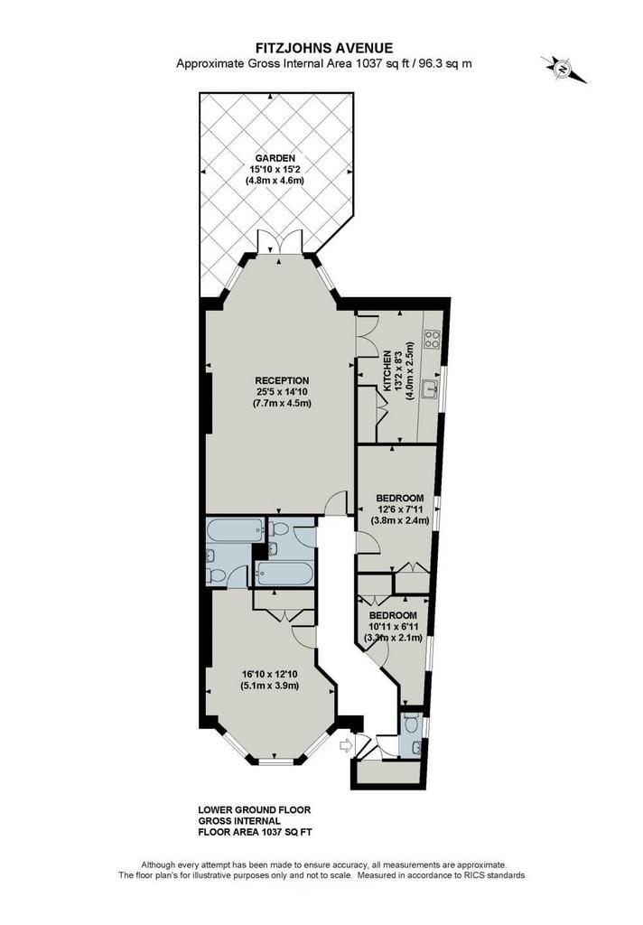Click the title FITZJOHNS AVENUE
click(324, 48)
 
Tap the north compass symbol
click(564, 69)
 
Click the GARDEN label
click(275, 158)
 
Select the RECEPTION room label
click(282, 380)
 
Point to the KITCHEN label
click(387, 371)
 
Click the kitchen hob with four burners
click(433, 338)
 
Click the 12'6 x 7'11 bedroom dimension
click(400, 509)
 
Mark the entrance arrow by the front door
click(346, 746)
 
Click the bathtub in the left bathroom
click(236, 529)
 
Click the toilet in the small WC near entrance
click(413, 723)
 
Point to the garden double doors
click(281, 243)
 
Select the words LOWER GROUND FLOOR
click(255, 810)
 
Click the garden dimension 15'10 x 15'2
click(275, 169)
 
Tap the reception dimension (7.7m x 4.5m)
click(282, 404)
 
